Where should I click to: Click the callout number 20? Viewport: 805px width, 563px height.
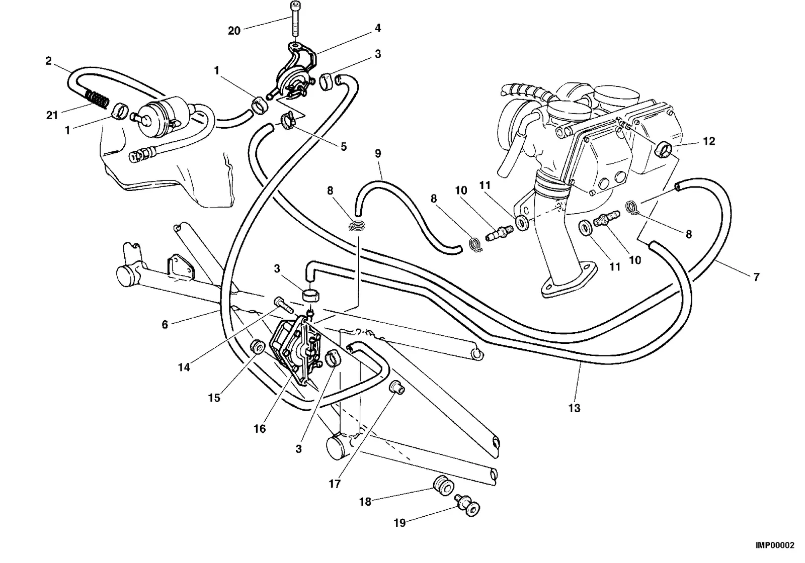tap(234, 31)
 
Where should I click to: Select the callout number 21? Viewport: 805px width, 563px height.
tap(52, 115)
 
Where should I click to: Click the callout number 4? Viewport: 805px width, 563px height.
tap(378, 28)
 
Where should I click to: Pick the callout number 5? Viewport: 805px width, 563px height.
tap(344, 146)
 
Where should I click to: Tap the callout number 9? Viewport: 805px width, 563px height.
tap(378, 153)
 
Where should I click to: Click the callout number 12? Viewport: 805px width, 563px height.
tap(709, 141)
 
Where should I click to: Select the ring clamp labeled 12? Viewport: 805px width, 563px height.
tap(664, 149)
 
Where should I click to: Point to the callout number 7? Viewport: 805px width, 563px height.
tap(757, 277)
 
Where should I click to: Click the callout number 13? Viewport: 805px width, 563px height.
tap(574, 408)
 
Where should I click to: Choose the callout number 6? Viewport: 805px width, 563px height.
tap(165, 325)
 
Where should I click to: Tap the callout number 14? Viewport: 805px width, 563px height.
tap(184, 367)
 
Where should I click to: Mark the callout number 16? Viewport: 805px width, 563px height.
tap(260, 428)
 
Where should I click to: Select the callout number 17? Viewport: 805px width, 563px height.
tap(334, 484)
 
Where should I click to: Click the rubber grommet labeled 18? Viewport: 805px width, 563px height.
tap(444, 485)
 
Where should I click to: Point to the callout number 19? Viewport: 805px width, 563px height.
tap(399, 523)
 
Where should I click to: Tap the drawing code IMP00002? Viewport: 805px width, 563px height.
tap(775, 545)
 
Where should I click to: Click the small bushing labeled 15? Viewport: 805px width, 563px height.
tap(257, 347)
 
